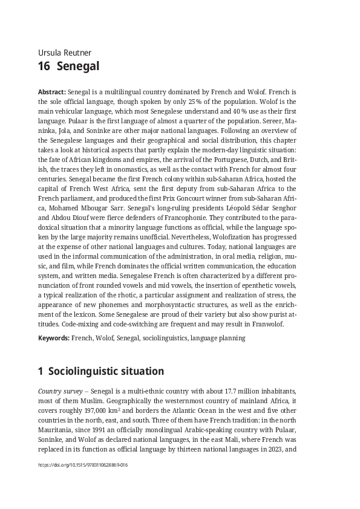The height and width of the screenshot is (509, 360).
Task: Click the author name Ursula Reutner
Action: tap(65, 53)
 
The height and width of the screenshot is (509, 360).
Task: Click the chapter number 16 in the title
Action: tap(44, 66)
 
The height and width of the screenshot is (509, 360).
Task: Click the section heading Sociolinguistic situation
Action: tap(106, 371)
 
